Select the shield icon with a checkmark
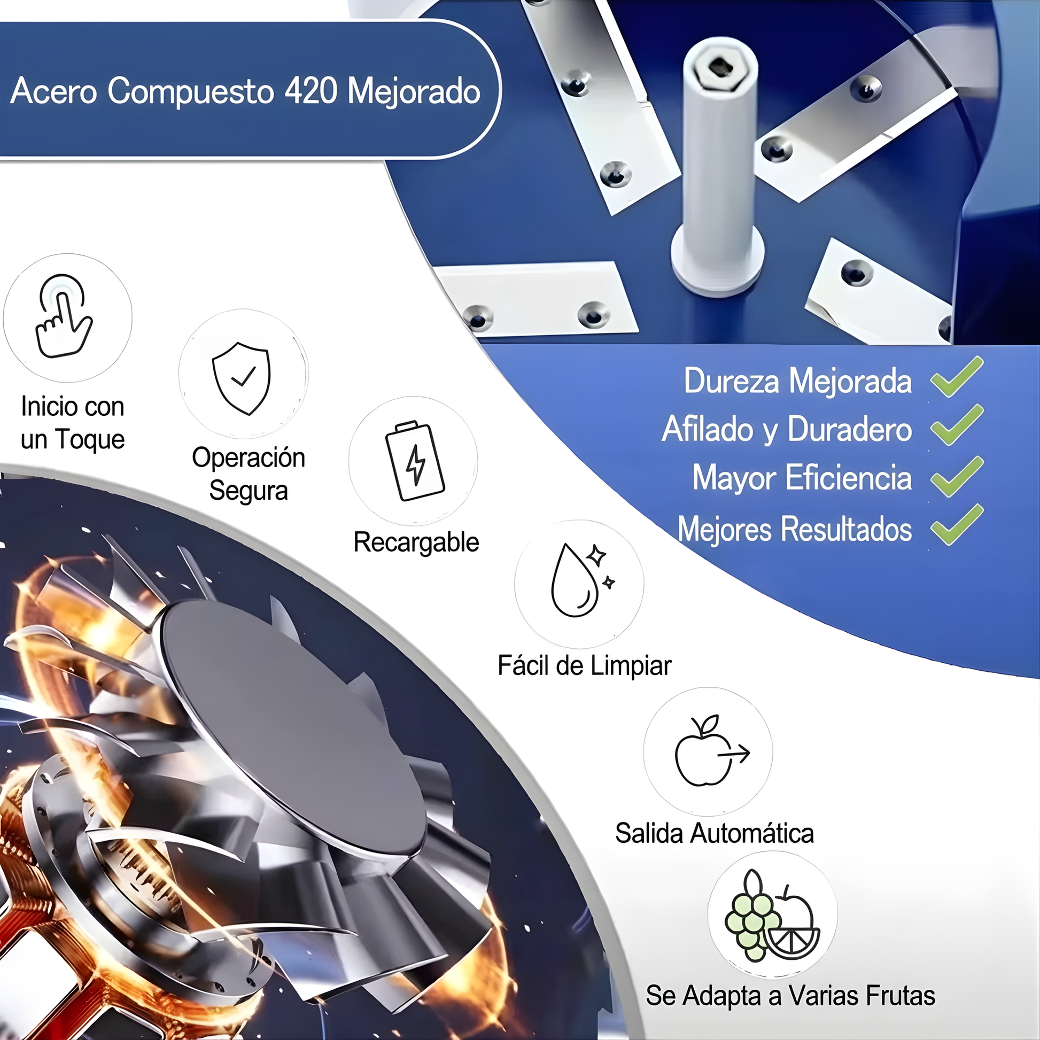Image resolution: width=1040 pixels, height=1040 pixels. tap(242, 378)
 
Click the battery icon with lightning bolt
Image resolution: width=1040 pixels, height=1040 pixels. tap(414, 461)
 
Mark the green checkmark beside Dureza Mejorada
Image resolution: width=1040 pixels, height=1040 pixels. tap(957, 377)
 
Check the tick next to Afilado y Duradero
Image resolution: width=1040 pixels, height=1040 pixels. tap(957, 425)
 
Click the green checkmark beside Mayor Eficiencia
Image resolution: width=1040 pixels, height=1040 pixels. tap(957, 476)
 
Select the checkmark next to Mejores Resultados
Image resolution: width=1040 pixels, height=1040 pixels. tap(957, 525)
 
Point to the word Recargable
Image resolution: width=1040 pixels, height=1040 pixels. tap(416, 542)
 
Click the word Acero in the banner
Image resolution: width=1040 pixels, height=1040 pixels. tap(55, 90)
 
